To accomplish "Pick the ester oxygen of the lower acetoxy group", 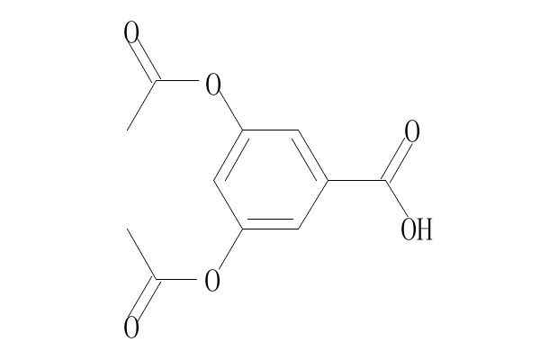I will pyautogui.click(x=212, y=280).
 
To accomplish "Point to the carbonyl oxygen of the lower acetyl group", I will pyautogui.click(x=131, y=327).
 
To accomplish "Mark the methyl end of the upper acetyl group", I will pyautogui.click(x=129, y=130).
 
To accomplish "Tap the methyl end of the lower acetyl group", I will pyautogui.click(x=129, y=229).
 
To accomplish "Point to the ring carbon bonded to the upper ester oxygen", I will pyautogui.click(x=243, y=131).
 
